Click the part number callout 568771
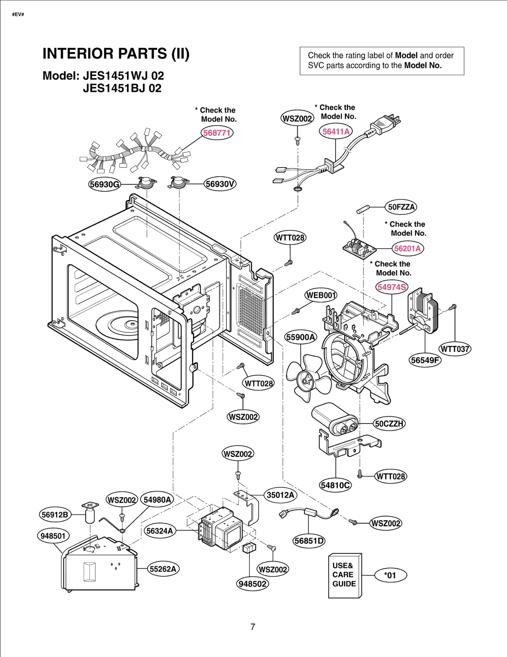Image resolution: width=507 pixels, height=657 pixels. pos(217,132)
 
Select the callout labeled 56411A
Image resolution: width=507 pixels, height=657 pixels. pos(336,131)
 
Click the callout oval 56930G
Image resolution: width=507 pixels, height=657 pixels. pos(105,184)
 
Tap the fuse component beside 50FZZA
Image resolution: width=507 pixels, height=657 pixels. pos(363,209)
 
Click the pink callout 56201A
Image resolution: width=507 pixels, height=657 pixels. pos(407,248)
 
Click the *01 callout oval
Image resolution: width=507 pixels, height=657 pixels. pos(390,575)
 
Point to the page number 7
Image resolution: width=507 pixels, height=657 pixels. pos(253,627)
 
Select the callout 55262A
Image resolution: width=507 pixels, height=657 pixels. pos(163,569)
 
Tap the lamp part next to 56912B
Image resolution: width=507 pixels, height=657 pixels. pos(90,513)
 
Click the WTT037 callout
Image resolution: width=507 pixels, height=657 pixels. pos(455,349)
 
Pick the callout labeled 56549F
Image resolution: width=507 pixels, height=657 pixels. pos(425,360)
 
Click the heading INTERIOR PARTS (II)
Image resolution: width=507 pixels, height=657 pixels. pos(116,53)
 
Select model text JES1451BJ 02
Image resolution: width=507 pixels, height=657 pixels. pos(122,88)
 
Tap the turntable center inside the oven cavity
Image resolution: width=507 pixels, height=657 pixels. pos(131,324)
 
